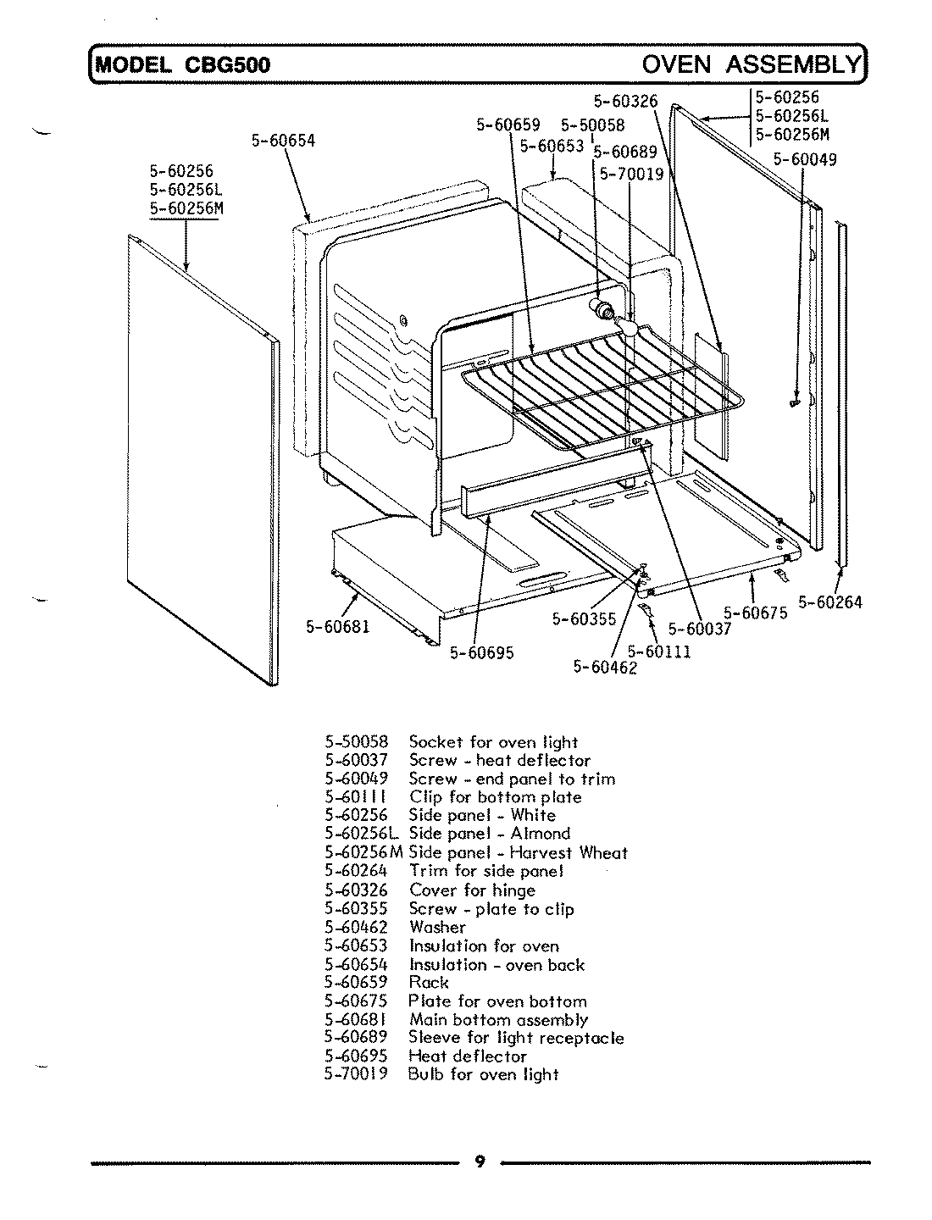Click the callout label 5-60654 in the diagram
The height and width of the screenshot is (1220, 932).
tap(283, 141)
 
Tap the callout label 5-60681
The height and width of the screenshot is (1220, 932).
tap(336, 627)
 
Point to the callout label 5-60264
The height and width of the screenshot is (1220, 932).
tap(829, 602)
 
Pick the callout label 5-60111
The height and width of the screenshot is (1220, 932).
tap(659, 652)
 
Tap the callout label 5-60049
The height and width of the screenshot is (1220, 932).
tap(805, 159)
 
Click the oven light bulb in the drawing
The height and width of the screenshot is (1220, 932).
tap(630, 323)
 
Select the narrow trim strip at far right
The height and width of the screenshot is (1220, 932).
tap(840, 390)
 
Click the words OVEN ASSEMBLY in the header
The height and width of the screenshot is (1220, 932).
tap(751, 64)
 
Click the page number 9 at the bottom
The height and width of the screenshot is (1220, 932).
tap(480, 1162)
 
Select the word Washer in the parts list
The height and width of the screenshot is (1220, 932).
tap(437, 927)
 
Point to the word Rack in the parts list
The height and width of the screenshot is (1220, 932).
tap(429, 982)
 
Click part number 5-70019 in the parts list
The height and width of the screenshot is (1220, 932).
tap(356, 1074)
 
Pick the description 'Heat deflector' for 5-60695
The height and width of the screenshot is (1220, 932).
tap(468, 1056)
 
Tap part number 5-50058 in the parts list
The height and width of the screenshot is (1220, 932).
tap(356, 742)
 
